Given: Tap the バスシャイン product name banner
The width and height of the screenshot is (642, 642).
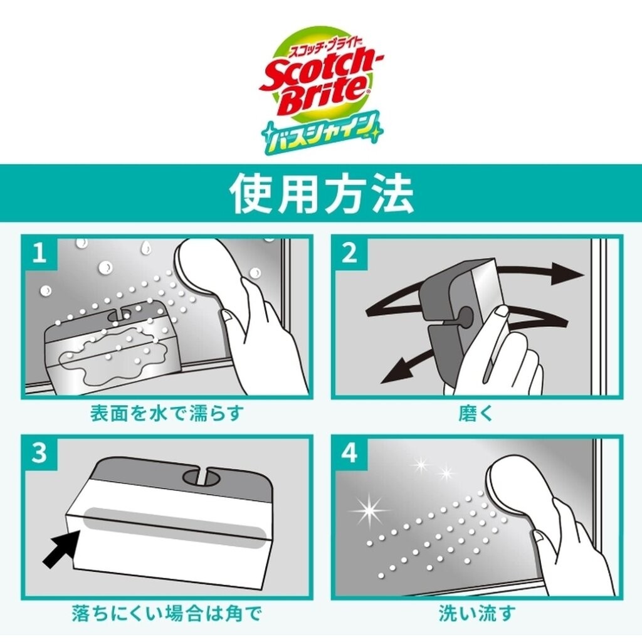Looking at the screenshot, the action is [322, 132].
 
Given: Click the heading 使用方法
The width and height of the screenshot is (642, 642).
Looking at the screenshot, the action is [322, 193].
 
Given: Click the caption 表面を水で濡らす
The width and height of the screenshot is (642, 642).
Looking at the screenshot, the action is [167, 414].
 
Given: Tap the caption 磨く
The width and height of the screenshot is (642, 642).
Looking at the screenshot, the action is [476, 414].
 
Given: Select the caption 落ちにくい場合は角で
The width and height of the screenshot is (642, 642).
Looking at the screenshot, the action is [167, 613].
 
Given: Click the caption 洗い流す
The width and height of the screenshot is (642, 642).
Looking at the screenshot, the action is [476, 613].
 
